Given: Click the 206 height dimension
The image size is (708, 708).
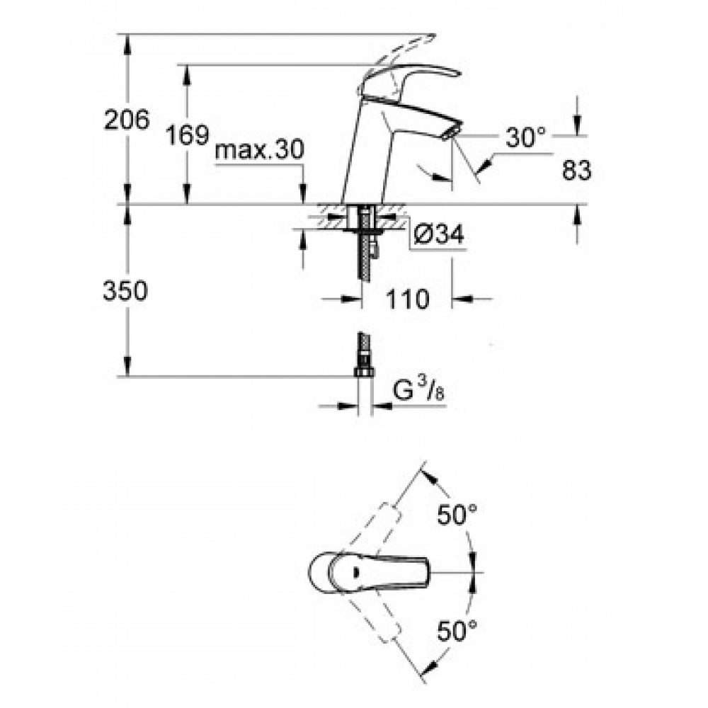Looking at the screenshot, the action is point(127,120).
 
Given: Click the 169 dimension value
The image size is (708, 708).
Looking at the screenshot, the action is point(188,135).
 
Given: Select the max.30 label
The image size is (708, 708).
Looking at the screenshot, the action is point(260,149).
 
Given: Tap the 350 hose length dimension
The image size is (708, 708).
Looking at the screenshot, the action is point(125,290).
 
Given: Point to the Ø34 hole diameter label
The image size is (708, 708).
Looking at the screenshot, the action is point(438,235).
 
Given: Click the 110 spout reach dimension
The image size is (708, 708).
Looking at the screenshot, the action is point(407,299).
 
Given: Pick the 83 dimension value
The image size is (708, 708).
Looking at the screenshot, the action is point(576,171).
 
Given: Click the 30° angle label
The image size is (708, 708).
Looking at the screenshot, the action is point(525,137).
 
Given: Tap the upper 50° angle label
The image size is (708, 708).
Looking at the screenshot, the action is point(457,515).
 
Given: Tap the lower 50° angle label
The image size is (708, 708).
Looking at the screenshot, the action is point(457,631).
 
